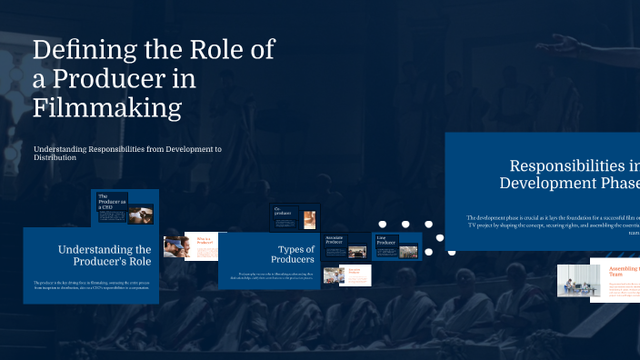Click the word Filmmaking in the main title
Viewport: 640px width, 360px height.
coord(107,108)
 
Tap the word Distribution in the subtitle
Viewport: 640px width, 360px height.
coord(55,158)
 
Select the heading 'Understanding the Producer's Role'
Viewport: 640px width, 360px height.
coord(105,255)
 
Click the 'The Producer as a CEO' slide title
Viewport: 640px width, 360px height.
coord(112,202)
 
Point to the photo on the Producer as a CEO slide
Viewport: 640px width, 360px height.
coord(141,215)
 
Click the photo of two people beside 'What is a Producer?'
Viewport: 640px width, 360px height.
coord(175,246)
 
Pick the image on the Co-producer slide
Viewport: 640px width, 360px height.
coord(310,219)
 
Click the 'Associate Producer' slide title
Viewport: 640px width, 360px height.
coord(334,241)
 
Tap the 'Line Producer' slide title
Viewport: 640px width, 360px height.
coord(385,241)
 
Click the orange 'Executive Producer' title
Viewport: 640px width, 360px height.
coord(355,271)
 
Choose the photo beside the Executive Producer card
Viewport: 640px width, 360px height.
coord(333,275)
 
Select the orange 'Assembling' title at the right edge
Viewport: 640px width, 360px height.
coord(625,270)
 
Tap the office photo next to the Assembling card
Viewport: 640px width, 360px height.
coord(573,280)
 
